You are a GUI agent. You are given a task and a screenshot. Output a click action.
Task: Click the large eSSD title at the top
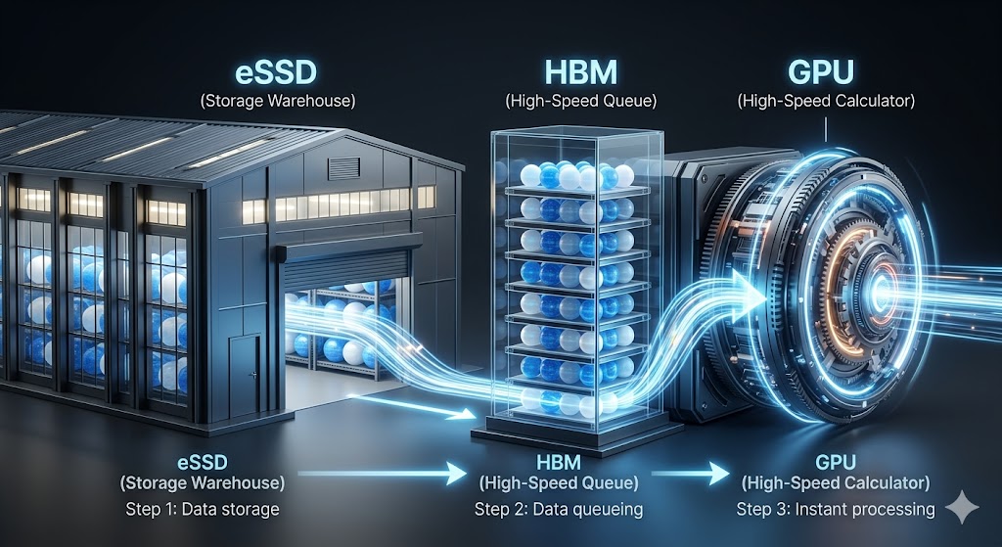pyautogui.click(x=276, y=72)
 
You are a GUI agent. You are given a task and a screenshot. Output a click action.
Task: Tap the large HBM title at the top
pyautogui.click(x=581, y=72)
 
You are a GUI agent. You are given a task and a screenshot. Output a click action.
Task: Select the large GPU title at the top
pyautogui.click(x=821, y=72)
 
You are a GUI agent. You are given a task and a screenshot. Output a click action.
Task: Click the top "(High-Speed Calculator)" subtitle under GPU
pyautogui.click(x=826, y=101)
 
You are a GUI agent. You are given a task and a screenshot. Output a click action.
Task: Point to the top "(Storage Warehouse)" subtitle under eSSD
pyautogui.click(x=277, y=101)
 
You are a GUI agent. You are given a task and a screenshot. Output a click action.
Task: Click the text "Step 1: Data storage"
pyautogui.click(x=202, y=509)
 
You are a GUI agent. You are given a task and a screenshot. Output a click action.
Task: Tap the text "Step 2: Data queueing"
pyautogui.click(x=559, y=509)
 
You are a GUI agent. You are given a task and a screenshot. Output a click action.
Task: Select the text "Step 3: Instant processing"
pyautogui.click(x=836, y=509)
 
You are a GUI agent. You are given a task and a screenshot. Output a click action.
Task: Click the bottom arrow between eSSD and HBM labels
pyautogui.click(x=383, y=474)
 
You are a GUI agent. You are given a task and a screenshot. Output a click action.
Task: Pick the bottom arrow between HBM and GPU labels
pyautogui.click(x=690, y=474)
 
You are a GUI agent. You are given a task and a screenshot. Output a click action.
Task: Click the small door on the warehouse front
pyautogui.click(x=245, y=376)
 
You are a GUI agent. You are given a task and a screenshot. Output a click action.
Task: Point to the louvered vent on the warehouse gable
pyautogui.click(x=343, y=168)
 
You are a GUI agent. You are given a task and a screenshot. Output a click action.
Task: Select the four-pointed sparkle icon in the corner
pyautogui.click(x=962, y=508)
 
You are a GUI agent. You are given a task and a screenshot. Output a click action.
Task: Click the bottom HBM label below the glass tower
pyautogui.click(x=559, y=462)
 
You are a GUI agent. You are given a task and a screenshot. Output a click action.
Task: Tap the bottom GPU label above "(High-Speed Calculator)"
pyautogui.click(x=836, y=462)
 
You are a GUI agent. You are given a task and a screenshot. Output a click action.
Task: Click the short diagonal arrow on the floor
pyautogui.click(x=412, y=407)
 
